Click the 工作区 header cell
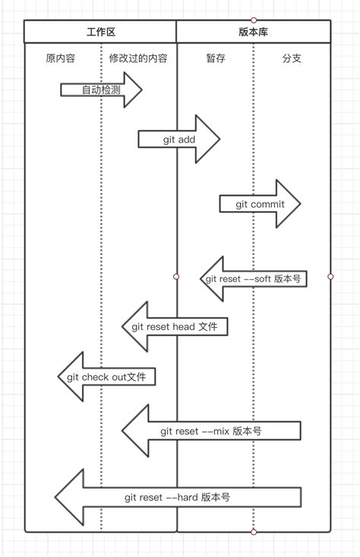[x=100, y=32]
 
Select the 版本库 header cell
[x=253, y=32]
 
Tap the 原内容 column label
[x=60, y=58]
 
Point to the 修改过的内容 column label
[x=138, y=58]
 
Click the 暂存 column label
[x=216, y=58]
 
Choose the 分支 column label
[x=292, y=58]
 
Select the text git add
[x=179, y=140]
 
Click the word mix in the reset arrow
[x=219, y=431]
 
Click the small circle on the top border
[x=254, y=20]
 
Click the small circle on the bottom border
[x=254, y=532]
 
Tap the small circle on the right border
[x=330, y=277]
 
